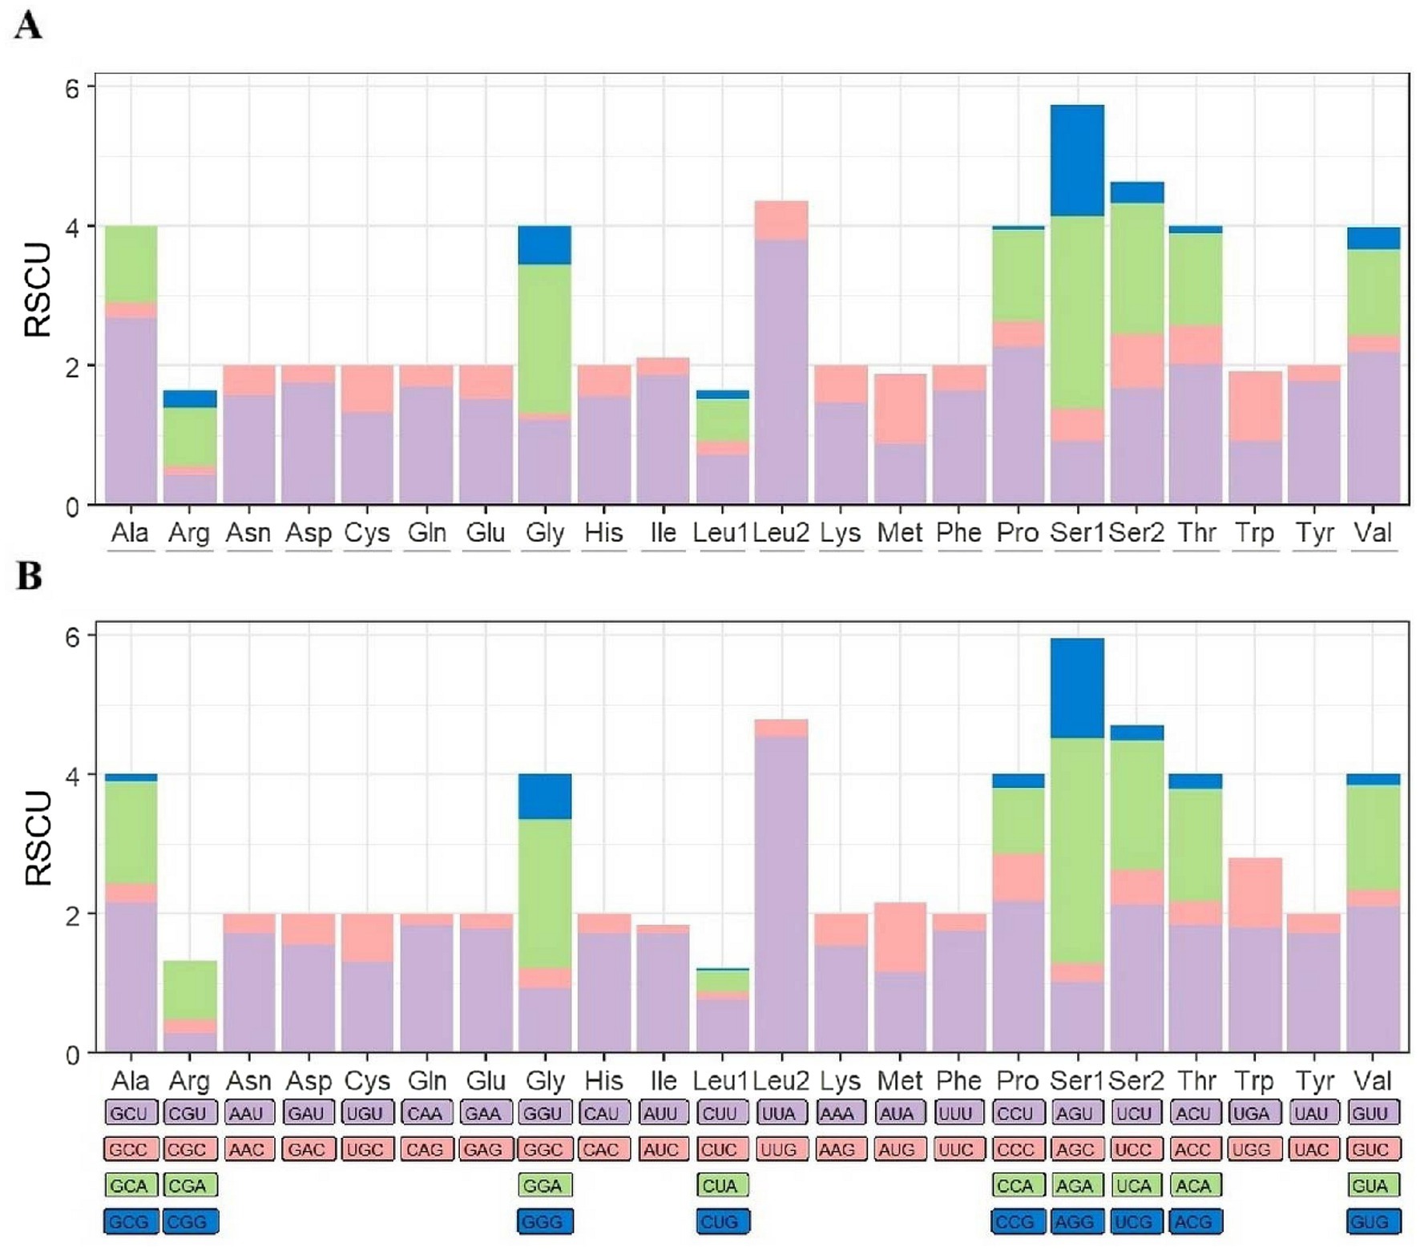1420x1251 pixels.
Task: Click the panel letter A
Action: point(28,26)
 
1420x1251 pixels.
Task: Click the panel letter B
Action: point(29,575)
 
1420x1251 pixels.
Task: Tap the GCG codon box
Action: point(129,1222)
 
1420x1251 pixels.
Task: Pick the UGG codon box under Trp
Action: point(1252,1150)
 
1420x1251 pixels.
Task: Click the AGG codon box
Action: point(1075,1222)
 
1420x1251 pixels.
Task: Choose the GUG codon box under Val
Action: point(1371,1222)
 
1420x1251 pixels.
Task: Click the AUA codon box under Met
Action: point(898,1114)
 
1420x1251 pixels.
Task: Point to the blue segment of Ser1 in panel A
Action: point(1077,160)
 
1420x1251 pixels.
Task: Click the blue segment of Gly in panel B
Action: point(545,796)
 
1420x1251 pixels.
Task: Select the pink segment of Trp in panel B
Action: point(1255,892)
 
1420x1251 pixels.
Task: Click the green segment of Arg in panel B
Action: point(190,990)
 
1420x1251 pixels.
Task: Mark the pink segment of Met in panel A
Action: point(900,408)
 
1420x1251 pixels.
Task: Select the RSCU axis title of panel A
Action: point(37,289)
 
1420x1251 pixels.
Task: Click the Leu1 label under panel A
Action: point(720,533)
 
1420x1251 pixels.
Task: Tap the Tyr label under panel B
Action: point(1314,1081)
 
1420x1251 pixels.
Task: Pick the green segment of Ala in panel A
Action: point(131,264)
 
